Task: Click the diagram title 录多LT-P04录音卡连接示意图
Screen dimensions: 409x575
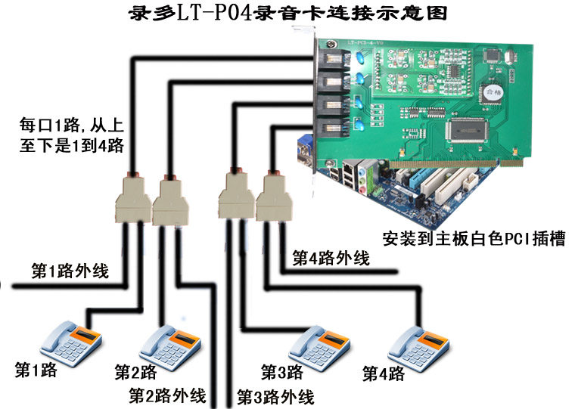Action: click(286, 14)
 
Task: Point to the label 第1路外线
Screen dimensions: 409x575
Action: click(69, 271)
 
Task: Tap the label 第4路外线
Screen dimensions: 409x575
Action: click(331, 259)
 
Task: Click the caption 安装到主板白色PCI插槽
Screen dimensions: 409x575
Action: click(474, 239)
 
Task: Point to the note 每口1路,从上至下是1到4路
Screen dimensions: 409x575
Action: click(72, 133)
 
